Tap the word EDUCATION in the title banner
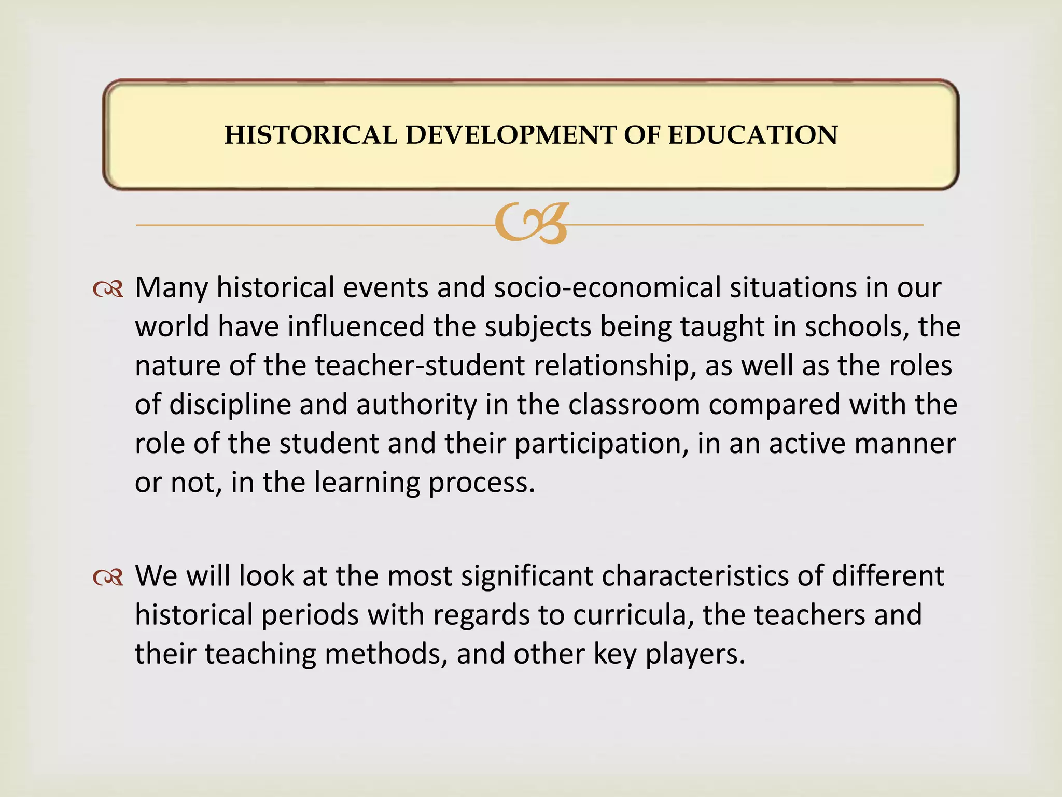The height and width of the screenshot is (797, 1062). point(752,135)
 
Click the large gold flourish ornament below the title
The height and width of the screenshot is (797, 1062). point(532,223)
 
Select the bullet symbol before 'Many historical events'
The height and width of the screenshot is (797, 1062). point(108,289)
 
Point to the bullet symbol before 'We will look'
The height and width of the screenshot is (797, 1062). point(108,577)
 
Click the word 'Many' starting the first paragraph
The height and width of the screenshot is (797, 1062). point(171,288)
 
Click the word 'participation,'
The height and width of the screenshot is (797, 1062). point(602,444)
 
